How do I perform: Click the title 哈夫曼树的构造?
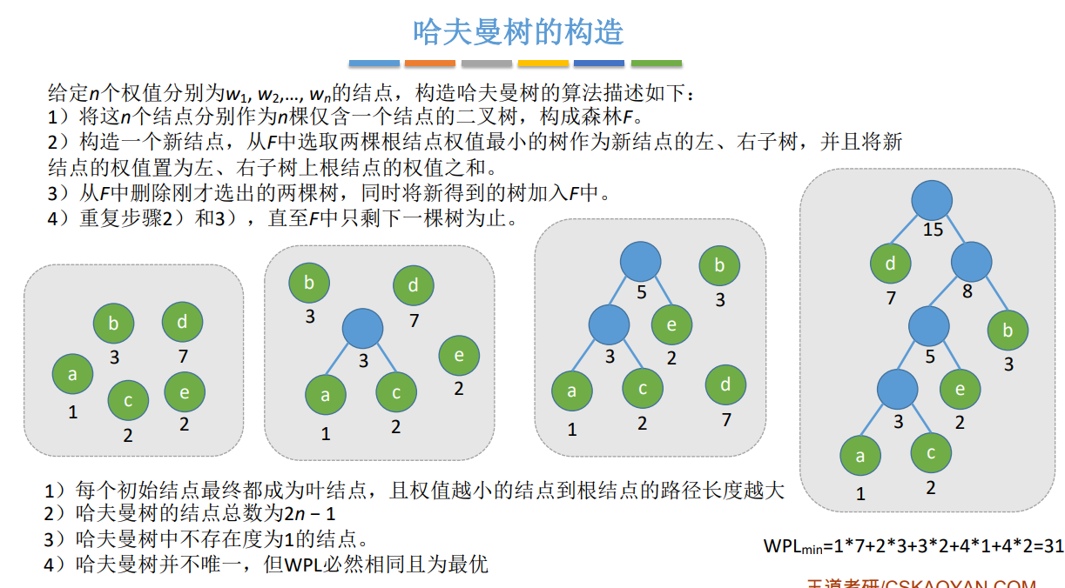(x=518, y=32)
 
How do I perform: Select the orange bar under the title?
(x=430, y=63)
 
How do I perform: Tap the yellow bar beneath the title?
(x=543, y=63)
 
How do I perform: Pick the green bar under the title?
(x=656, y=63)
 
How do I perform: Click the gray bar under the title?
(x=487, y=63)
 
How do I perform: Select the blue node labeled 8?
(x=972, y=261)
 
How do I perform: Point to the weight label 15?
(x=933, y=231)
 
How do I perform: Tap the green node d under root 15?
(x=891, y=263)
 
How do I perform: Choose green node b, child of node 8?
(x=1008, y=331)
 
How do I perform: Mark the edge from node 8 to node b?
(x=991, y=297)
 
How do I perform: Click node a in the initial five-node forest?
(x=73, y=374)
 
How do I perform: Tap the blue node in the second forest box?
(x=363, y=328)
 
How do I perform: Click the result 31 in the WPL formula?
(x=1053, y=546)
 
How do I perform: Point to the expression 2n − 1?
(x=310, y=513)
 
